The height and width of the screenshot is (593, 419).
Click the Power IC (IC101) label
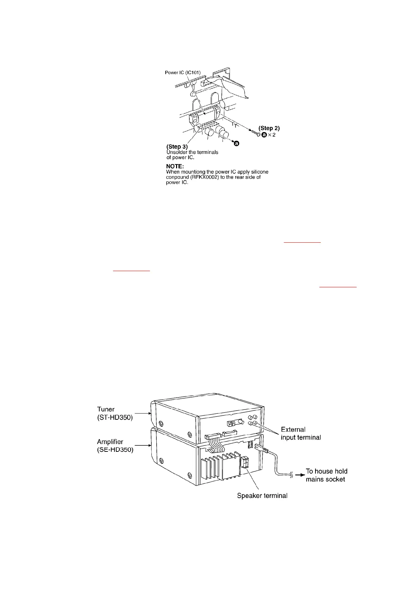[x=183, y=73]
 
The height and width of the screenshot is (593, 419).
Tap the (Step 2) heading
[x=269, y=128]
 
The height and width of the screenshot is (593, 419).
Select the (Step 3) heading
[x=177, y=146]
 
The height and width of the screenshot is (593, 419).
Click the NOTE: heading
[x=175, y=166]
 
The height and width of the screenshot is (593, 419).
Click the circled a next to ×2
[x=264, y=135]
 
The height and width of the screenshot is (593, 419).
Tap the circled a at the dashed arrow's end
[x=237, y=143]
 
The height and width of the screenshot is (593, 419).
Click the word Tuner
[x=106, y=409]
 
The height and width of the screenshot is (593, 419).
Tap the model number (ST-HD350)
[x=115, y=418]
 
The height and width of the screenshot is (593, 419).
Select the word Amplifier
[x=110, y=442]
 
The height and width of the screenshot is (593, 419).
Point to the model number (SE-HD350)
[x=115, y=450]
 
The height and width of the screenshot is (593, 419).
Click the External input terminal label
[x=301, y=433]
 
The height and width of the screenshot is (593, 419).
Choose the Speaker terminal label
[x=262, y=496]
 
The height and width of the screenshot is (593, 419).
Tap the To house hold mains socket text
[x=326, y=475]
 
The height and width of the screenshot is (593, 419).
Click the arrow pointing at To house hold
[x=299, y=475]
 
